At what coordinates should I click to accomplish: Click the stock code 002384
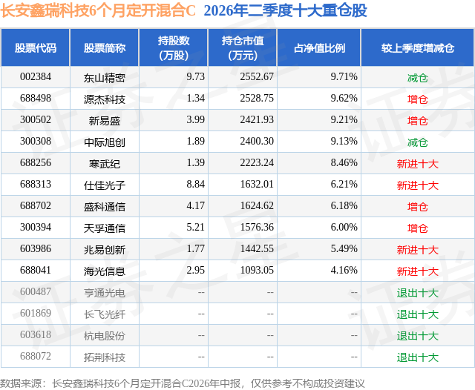point(36,77)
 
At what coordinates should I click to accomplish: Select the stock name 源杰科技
point(105,99)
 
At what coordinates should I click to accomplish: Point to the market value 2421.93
point(257,120)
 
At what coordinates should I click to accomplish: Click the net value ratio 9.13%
point(344,142)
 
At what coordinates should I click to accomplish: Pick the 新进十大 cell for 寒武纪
point(417,164)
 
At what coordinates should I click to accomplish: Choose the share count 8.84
point(196,185)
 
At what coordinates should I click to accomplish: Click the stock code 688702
point(36,205)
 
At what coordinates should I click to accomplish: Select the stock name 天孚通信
point(105,228)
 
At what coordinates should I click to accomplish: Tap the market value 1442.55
point(257,248)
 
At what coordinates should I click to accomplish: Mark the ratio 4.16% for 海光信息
point(344,270)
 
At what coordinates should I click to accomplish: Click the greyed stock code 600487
point(36,291)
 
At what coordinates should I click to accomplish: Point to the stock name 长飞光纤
point(105,314)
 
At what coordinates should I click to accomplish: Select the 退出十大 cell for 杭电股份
point(417,336)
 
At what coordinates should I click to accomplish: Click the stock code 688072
point(36,356)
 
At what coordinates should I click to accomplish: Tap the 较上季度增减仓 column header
point(417,47)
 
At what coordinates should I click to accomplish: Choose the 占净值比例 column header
point(319,47)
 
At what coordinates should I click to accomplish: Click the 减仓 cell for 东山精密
point(417,78)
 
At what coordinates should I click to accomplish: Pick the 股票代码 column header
point(36,47)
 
